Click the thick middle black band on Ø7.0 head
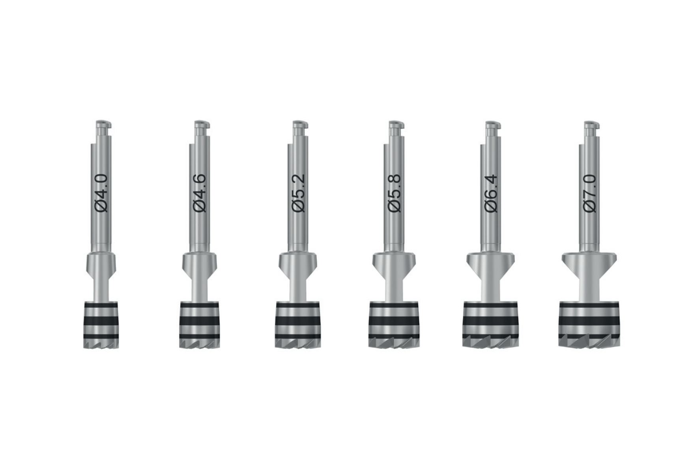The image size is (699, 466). tap(588, 320)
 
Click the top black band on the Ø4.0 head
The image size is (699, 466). tap(101, 305)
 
